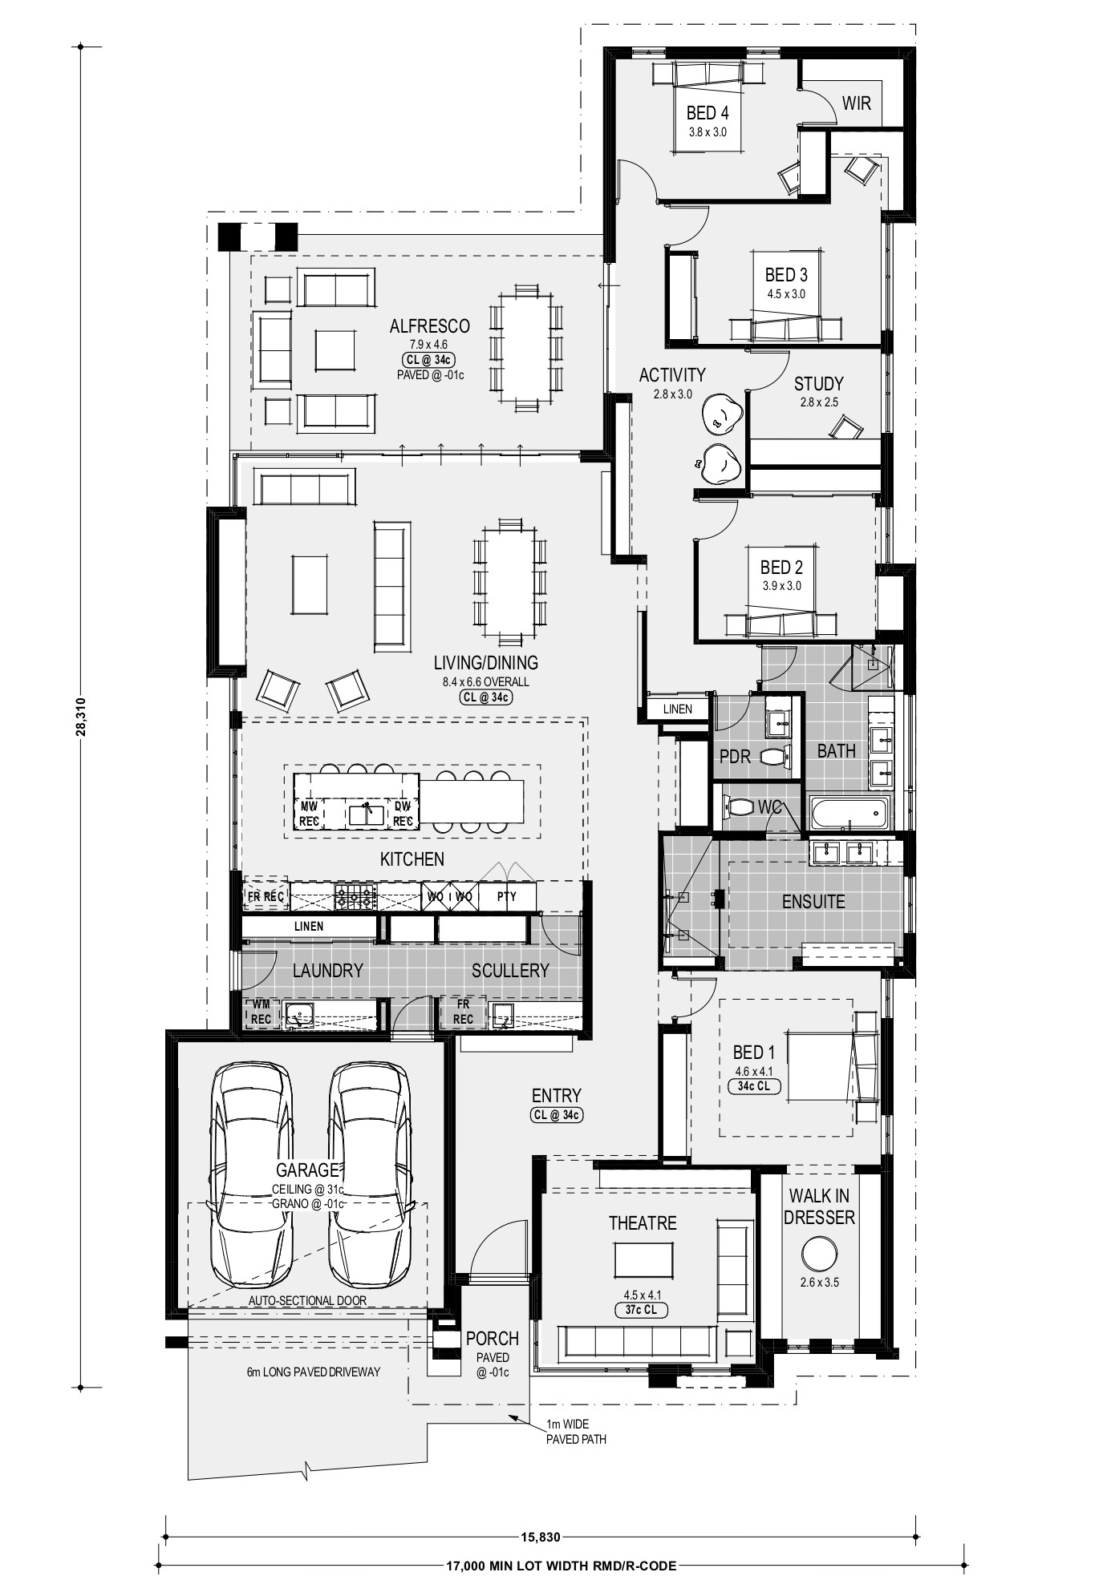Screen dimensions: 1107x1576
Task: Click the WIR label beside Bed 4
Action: [856, 103]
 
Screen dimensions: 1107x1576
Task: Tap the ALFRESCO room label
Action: [429, 326]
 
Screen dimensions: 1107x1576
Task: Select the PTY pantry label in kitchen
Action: [507, 896]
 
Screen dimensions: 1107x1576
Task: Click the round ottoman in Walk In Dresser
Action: [819, 1253]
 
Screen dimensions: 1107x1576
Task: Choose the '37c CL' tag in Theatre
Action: [641, 1310]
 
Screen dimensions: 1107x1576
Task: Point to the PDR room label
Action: [735, 756]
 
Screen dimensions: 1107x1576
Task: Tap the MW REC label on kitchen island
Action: [310, 813]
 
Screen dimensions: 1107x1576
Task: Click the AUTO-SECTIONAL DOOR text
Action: [307, 1300]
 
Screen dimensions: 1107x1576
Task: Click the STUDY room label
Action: [819, 383]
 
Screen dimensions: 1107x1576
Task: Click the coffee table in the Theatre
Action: [644, 1259]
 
